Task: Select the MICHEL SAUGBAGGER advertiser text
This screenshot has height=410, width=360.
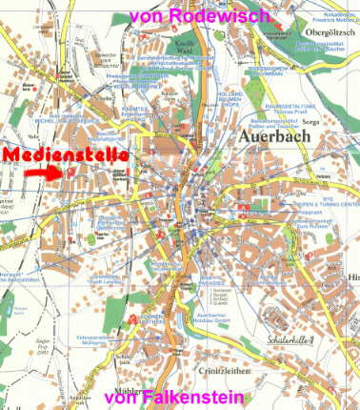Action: pos(66,121)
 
